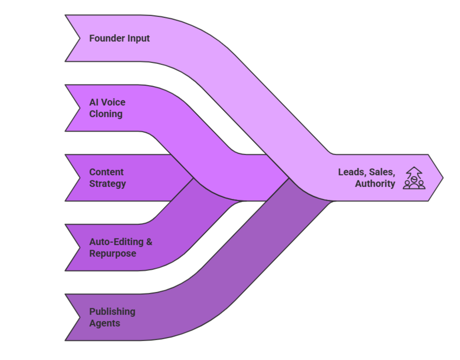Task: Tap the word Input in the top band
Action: tap(138, 38)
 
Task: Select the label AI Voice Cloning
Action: tap(107, 108)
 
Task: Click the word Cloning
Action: tap(106, 114)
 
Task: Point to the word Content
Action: tap(107, 172)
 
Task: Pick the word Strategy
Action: tap(107, 184)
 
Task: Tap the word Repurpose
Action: tap(112, 253)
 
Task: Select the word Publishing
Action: tap(112, 312)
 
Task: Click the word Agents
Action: tap(105, 323)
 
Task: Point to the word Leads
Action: tap(352, 172)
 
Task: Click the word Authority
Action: tap(375, 184)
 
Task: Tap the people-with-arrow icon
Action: tap(414, 178)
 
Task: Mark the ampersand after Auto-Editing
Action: tap(149, 242)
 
